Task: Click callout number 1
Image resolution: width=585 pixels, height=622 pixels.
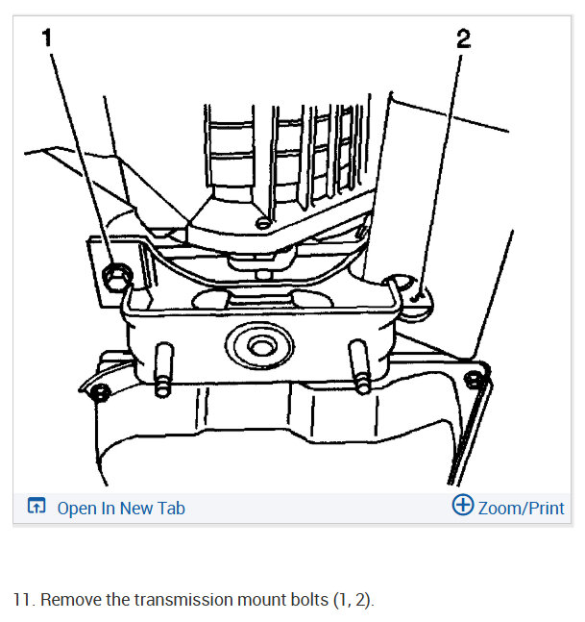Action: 47,38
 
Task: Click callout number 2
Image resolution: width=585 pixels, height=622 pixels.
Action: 463,38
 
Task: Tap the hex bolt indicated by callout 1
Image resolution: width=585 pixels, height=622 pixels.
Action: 117,277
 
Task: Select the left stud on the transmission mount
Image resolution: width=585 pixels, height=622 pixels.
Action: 163,369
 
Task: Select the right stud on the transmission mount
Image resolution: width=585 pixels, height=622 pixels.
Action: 360,366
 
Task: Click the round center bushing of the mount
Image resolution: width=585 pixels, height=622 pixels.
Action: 260,345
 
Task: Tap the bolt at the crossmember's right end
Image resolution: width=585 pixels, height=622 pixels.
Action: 475,380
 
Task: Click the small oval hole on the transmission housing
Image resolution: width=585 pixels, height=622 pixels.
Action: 263,223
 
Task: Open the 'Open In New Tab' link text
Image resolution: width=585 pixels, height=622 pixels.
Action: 121,509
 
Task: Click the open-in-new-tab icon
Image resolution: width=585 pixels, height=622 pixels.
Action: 37,506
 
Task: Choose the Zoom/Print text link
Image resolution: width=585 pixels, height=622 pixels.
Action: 521,509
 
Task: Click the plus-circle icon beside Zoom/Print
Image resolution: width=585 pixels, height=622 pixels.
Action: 463,505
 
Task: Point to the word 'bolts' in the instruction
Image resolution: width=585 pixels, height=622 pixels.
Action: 309,600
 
